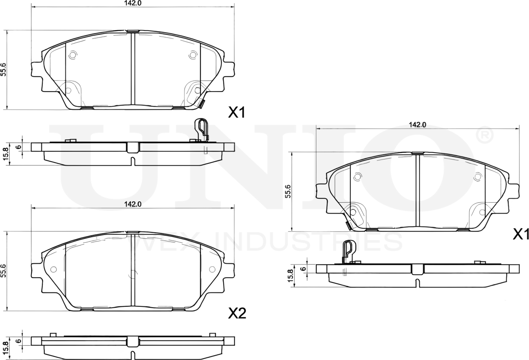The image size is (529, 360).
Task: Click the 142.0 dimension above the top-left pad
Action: (x=132, y=3)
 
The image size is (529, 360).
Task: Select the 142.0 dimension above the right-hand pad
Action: (x=417, y=125)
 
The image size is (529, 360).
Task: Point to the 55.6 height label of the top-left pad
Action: (x=4, y=69)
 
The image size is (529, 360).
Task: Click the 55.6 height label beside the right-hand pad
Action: (x=288, y=191)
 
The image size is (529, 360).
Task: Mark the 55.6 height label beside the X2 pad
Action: (x=4, y=271)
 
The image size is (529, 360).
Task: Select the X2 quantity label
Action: (x=237, y=313)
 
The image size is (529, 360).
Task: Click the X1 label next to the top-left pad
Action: (x=237, y=113)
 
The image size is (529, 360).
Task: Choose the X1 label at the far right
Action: (x=520, y=235)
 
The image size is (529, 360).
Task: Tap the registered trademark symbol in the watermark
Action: (x=484, y=136)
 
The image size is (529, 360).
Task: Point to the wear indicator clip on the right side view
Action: (x=348, y=252)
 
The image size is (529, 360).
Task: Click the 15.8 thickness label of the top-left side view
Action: (x=6, y=154)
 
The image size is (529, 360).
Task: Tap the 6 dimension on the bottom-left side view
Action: (x=18, y=341)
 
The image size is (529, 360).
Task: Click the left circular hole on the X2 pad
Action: (x=53, y=269)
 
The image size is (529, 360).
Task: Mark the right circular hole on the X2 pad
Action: (x=212, y=269)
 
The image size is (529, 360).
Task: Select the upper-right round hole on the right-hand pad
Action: (x=478, y=177)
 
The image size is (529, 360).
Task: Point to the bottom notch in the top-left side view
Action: (x=132, y=162)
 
